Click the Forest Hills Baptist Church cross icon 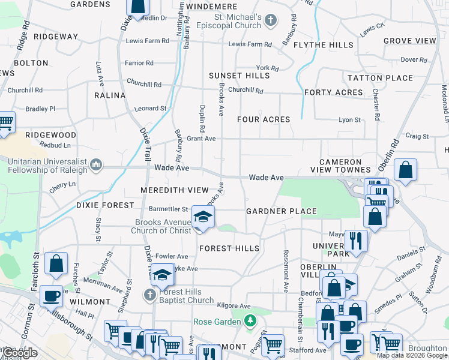click(149, 295)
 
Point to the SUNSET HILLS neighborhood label click(240, 76)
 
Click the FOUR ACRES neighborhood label click(264, 119)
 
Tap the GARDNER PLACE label click(282, 211)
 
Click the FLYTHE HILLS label click(324, 45)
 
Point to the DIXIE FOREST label click(106, 205)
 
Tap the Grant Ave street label click(201, 139)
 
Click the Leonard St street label click(150, 109)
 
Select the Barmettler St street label click(169, 209)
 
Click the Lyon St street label click(350, 120)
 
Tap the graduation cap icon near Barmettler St click(203, 217)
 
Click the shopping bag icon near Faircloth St click(56, 263)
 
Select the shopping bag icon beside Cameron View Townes click(406, 169)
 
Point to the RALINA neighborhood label click(110, 95)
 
